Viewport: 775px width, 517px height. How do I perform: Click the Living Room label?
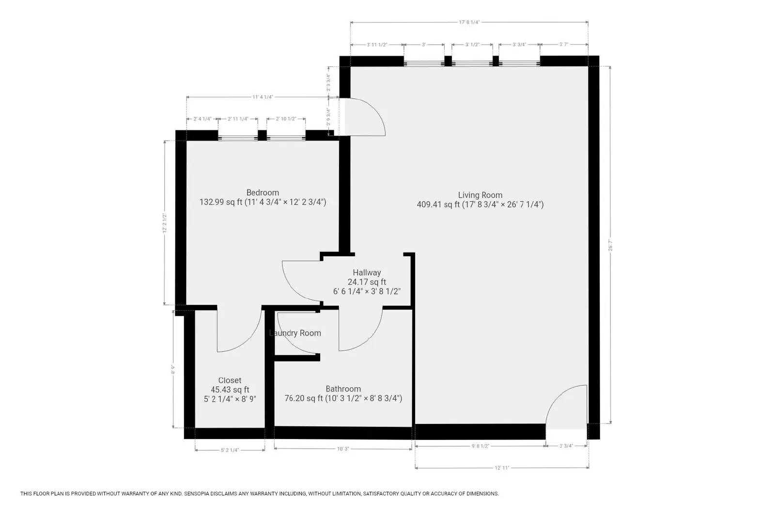click(x=480, y=195)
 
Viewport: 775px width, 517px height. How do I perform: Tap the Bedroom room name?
click(x=263, y=192)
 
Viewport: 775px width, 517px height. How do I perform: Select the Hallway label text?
click(x=367, y=273)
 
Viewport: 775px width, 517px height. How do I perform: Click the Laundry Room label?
click(x=295, y=333)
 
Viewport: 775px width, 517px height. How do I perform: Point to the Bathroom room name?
click(x=343, y=389)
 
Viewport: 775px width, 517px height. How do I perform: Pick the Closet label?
click(x=230, y=380)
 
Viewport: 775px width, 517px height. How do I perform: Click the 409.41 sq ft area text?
click(x=438, y=204)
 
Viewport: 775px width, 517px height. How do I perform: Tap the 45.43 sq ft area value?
click(x=230, y=390)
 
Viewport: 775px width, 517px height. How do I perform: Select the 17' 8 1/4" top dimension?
click(x=469, y=22)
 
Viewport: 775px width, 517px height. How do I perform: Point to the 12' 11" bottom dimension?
click(x=502, y=468)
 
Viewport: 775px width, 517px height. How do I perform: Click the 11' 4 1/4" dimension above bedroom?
click(x=263, y=97)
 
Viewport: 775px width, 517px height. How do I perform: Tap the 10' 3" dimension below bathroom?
click(x=343, y=449)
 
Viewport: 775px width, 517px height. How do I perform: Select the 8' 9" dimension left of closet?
click(x=173, y=370)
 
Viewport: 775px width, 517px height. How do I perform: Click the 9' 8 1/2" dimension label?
click(x=480, y=446)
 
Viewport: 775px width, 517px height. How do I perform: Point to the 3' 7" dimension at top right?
click(x=563, y=45)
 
